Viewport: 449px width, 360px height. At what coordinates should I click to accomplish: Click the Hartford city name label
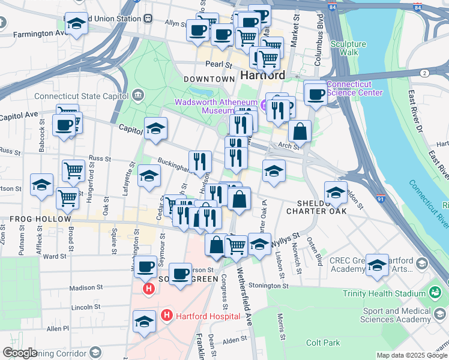(262, 76)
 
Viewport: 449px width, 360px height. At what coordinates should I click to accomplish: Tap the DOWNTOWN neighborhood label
(209, 79)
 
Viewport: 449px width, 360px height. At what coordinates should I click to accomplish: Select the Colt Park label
(323, 343)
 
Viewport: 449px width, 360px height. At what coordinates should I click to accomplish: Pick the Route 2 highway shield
(424, 73)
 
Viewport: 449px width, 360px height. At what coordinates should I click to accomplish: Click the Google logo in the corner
(20, 353)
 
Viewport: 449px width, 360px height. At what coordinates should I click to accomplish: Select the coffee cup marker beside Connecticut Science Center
(316, 94)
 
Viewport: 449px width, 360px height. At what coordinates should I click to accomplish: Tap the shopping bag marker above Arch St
(300, 132)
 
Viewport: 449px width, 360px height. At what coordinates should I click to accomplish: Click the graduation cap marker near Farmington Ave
(76, 24)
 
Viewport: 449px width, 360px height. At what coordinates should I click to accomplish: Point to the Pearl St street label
(218, 64)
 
